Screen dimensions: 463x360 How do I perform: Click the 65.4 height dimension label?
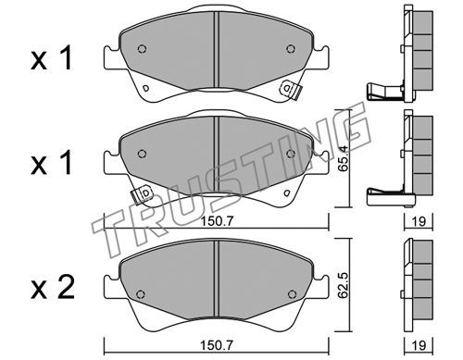(343, 158)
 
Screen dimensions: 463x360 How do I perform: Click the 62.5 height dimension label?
(343, 285)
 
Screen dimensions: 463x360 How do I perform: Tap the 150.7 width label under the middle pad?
(217, 221)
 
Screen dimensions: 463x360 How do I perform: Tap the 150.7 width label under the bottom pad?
(217, 345)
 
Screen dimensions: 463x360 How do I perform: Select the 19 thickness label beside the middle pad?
(419, 221)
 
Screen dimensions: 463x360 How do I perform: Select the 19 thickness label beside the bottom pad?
(419, 345)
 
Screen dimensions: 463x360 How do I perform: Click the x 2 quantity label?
(53, 288)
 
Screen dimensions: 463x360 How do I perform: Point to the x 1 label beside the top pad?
(52, 57)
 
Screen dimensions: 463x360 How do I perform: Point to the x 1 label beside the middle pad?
(52, 163)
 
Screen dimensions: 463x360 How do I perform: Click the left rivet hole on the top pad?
(142, 49)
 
